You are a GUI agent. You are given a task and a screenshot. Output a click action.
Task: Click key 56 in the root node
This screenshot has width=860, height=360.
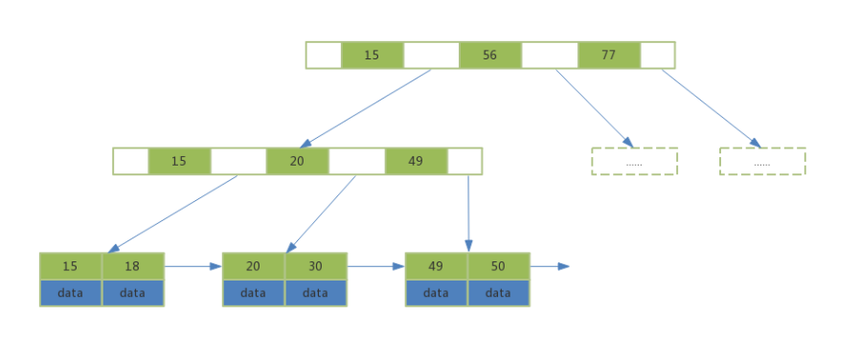click(x=489, y=56)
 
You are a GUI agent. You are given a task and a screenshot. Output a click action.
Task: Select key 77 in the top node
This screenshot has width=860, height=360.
click(x=608, y=56)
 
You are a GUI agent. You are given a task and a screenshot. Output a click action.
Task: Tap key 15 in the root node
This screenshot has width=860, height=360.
click(x=372, y=56)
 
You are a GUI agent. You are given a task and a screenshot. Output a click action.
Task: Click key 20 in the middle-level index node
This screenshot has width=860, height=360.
click(x=297, y=161)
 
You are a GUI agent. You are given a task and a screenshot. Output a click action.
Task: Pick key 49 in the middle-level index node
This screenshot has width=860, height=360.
click(x=416, y=161)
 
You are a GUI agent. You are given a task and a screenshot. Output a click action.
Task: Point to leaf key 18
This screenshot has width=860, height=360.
click(x=132, y=266)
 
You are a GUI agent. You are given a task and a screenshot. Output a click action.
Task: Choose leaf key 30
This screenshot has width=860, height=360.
click(x=315, y=266)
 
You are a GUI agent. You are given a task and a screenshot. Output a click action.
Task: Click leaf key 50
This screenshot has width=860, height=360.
click(x=498, y=266)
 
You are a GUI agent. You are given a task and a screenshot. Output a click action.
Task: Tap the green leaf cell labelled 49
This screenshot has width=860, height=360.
click(x=436, y=266)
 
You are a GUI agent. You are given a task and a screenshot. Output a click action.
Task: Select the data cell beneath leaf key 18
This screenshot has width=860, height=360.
click(x=132, y=293)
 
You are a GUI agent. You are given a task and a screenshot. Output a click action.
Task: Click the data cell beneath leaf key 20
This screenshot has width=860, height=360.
click(x=253, y=293)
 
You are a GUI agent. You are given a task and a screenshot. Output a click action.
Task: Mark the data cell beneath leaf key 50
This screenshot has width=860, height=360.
click(x=498, y=293)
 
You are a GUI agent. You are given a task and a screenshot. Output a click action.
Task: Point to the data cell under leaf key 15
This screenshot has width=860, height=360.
click(x=70, y=293)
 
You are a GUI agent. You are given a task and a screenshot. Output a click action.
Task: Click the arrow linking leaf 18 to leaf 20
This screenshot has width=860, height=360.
click(x=192, y=266)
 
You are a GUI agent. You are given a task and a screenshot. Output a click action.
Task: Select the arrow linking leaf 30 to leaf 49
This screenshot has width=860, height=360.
click(x=375, y=266)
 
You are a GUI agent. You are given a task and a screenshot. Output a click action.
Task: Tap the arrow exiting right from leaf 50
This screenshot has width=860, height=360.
click(x=550, y=266)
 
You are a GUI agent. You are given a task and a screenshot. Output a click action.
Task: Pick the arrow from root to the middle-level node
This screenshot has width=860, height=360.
click(x=366, y=107)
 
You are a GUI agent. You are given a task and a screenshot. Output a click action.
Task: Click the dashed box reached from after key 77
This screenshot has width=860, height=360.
click(x=762, y=161)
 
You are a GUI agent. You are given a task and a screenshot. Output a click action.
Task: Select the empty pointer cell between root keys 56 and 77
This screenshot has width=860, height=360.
click(x=549, y=56)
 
